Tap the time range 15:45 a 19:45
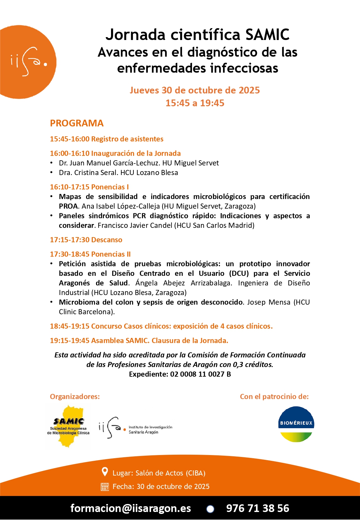coord(195,103)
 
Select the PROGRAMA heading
coord(77,123)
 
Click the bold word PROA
coord(68,206)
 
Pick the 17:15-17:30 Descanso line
coord(86,240)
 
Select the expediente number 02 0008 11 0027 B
coord(200,374)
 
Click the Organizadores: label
coord(75,396)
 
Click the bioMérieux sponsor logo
coord(296,424)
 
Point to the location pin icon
coord(105,472)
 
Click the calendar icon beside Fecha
coord(105,487)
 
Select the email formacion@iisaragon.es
coord(131,508)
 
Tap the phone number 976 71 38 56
coord(258,508)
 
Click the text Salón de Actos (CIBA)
coord(170,473)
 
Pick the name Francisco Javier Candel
coord(135,225)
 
